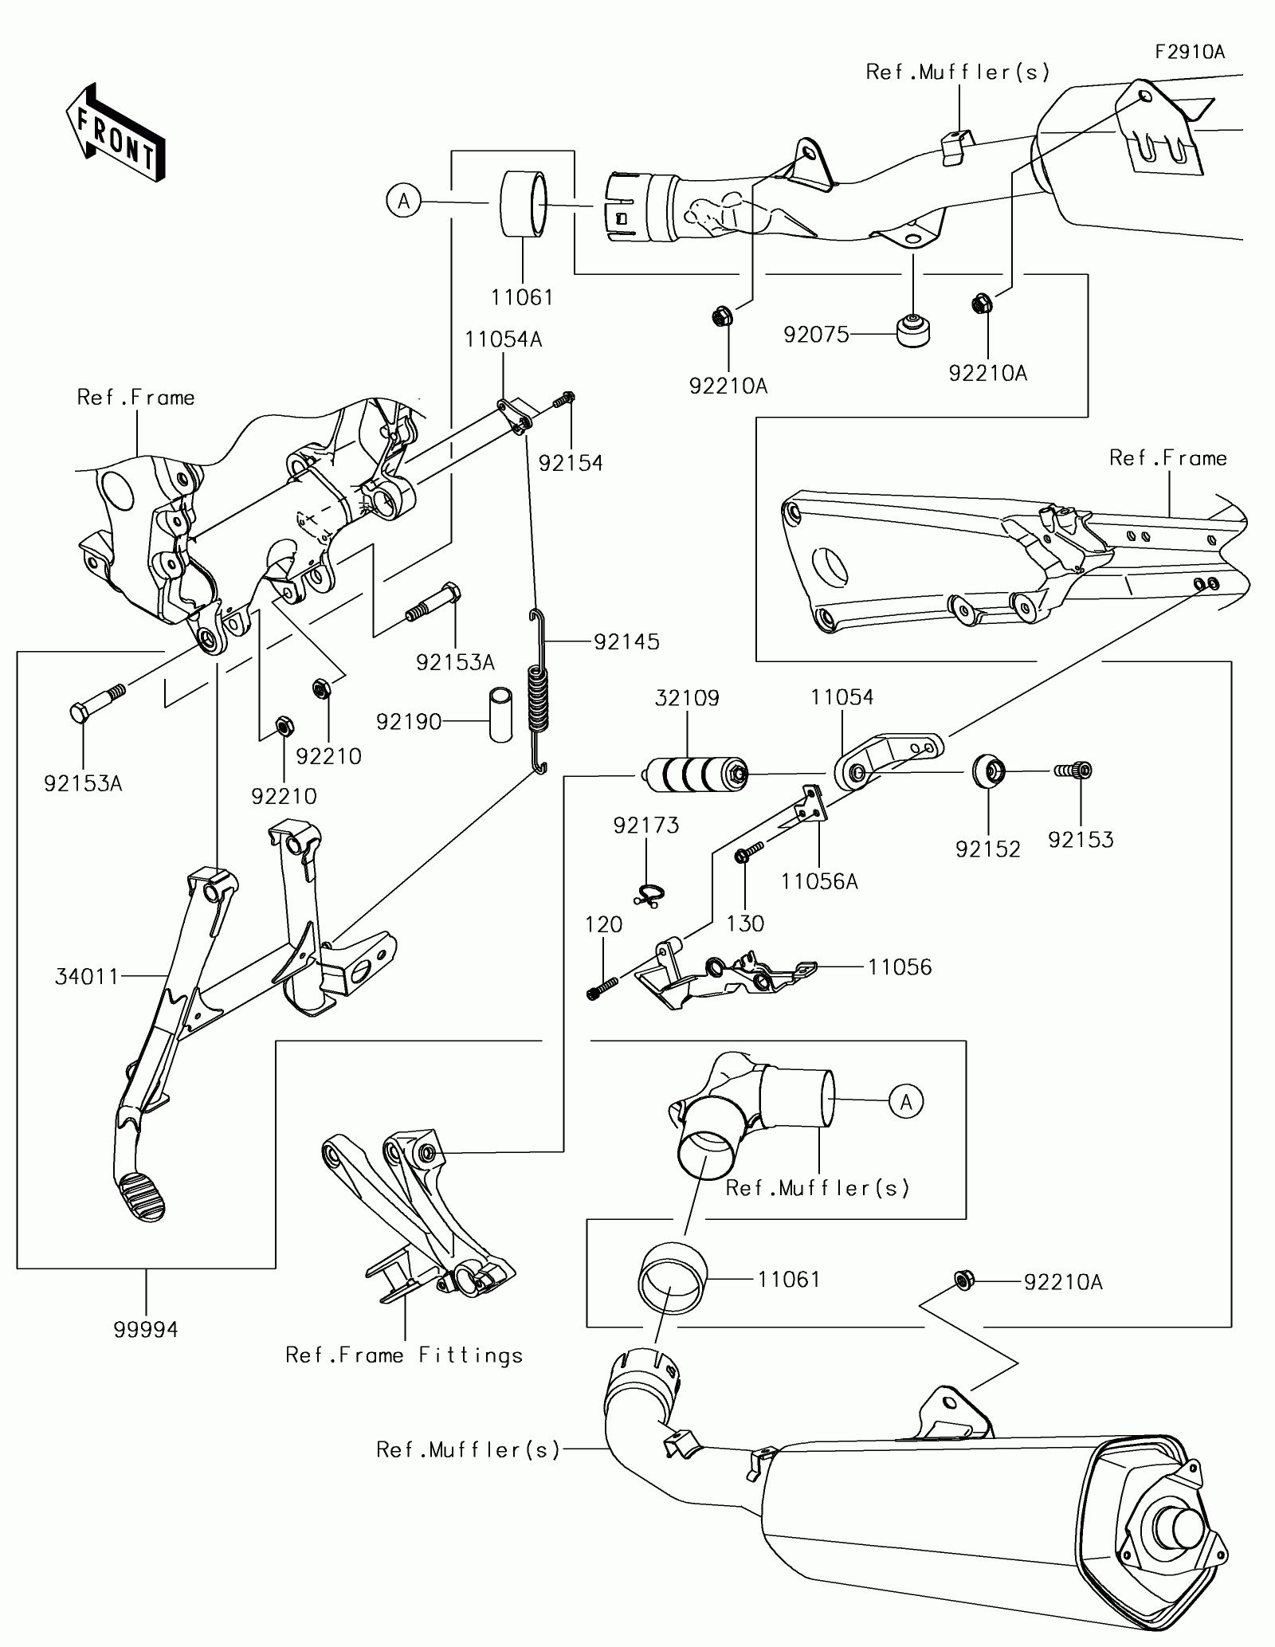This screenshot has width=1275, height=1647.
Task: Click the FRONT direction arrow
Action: coord(115,131)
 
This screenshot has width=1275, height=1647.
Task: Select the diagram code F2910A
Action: coord(1190,53)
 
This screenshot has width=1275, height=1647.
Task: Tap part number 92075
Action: coord(816,335)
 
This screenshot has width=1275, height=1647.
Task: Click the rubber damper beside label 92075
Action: coord(913,331)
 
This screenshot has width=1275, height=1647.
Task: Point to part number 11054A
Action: coord(504,339)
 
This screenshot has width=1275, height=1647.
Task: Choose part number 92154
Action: coord(571,463)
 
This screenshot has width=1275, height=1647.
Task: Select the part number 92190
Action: coord(409,722)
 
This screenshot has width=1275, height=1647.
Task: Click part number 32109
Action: coord(687,698)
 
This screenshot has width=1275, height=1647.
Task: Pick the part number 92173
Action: coord(646,825)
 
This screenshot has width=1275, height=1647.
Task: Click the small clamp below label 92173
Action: coord(651,895)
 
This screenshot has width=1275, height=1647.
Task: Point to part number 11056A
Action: coord(819,881)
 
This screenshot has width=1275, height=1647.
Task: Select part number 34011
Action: coord(87,976)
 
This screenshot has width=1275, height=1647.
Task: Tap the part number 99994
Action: coord(146,1329)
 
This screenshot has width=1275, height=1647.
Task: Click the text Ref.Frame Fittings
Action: coord(404,1355)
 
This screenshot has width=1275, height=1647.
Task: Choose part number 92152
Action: coord(988,849)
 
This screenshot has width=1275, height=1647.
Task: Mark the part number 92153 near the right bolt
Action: coord(1081,840)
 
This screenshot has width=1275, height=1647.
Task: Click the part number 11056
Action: coord(900,967)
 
